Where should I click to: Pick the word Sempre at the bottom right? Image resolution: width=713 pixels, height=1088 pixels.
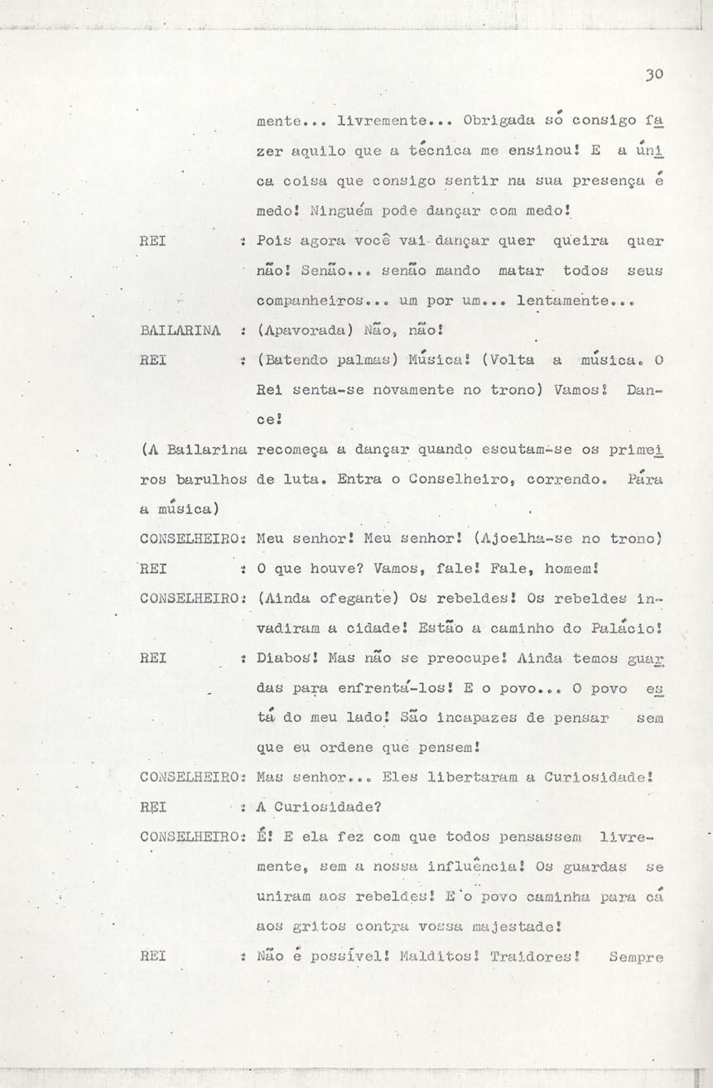pos(635,956)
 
